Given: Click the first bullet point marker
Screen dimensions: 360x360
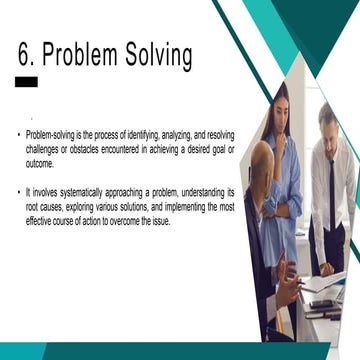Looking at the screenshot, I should click(18, 133).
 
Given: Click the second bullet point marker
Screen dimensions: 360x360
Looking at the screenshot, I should click(18, 190).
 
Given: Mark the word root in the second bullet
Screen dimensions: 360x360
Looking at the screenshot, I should click(34, 206).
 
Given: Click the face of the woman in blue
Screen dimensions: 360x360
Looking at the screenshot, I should click(281, 105).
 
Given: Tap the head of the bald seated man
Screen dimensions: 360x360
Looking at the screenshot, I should click(263, 160).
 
